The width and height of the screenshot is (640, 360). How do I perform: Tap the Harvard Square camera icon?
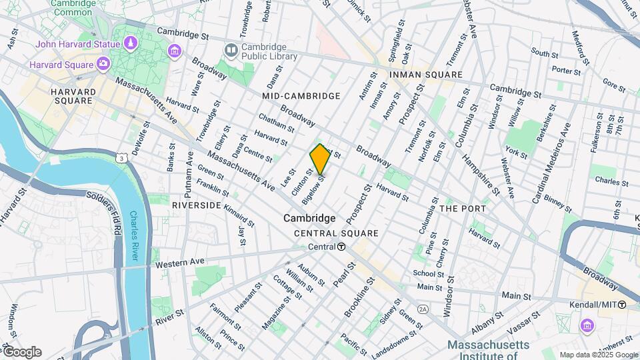(x=103, y=64)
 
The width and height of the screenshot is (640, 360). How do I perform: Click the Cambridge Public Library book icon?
(x=231, y=50)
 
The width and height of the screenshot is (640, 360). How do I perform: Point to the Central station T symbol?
(x=341, y=247)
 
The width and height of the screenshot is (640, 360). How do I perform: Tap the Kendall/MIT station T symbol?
(x=621, y=305)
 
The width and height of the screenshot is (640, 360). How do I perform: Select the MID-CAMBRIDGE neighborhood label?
(x=301, y=96)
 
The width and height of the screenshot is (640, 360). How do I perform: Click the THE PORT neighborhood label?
(x=463, y=209)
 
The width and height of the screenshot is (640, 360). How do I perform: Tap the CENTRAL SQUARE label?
(x=336, y=233)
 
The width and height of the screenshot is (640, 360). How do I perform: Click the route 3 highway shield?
(x=121, y=158)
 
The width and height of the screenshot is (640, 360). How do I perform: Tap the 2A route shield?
(x=422, y=309)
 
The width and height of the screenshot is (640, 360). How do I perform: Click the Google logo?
(x=21, y=352)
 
